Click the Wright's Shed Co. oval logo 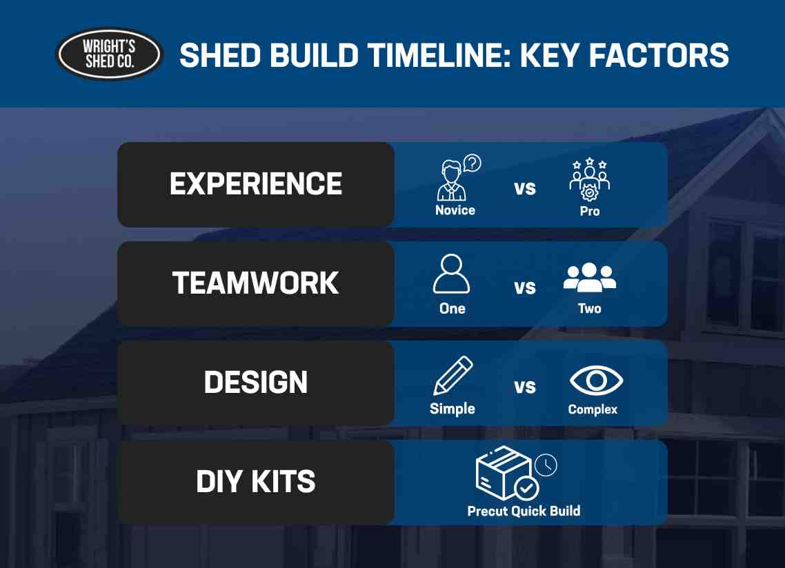pyautogui.click(x=110, y=54)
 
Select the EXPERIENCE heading pyautogui.click(x=256, y=184)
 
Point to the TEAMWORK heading pyautogui.click(x=256, y=283)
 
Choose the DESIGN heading pyautogui.click(x=256, y=383)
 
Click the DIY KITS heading pyautogui.click(x=256, y=482)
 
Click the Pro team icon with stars pyautogui.click(x=590, y=179)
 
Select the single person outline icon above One pyautogui.click(x=452, y=274)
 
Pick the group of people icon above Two pyautogui.click(x=590, y=277)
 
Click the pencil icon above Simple pyautogui.click(x=453, y=376)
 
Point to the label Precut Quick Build pyautogui.click(x=524, y=511)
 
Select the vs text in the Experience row pyautogui.click(x=525, y=188)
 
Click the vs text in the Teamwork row pyautogui.click(x=525, y=287)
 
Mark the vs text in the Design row pyautogui.click(x=525, y=387)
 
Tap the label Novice pyautogui.click(x=455, y=210)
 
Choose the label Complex pyautogui.click(x=593, y=409)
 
